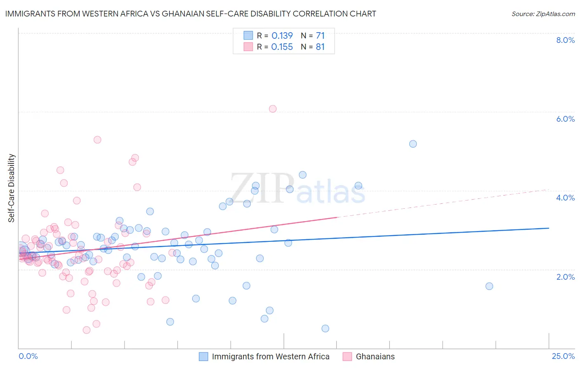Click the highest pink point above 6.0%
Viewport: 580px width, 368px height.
[273, 109]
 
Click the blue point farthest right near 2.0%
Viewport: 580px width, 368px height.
[489, 286]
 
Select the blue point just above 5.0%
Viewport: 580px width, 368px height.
[413, 144]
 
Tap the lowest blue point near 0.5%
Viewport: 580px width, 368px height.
[325, 329]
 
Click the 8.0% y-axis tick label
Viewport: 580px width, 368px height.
[565, 40]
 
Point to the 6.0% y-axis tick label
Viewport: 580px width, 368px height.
[565, 119]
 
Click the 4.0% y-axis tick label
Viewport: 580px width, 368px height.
[565, 198]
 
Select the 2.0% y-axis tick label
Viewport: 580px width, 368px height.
[565, 277]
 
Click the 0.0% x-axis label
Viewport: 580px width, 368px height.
[28, 356]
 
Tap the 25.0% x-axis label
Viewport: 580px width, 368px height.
[563, 356]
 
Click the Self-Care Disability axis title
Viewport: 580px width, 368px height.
[12, 188]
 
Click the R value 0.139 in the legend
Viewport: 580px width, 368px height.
[282, 36]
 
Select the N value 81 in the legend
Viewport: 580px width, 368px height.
[321, 47]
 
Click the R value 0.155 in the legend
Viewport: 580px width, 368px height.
[282, 47]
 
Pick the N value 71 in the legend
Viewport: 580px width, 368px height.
[321, 36]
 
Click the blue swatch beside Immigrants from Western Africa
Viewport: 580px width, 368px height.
[203, 356]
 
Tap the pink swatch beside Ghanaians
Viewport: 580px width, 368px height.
[347, 356]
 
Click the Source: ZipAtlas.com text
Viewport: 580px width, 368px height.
[543, 14]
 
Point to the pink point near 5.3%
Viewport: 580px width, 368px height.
[97, 140]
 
